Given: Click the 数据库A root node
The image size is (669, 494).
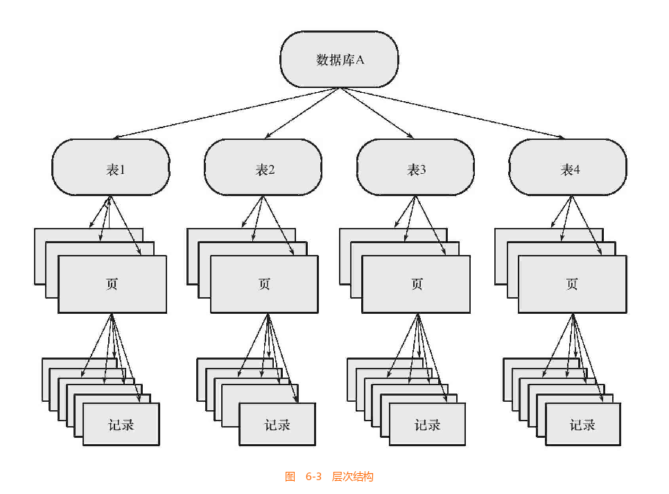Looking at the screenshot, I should [x=339, y=59].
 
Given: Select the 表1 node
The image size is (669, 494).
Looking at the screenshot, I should [x=111, y=168].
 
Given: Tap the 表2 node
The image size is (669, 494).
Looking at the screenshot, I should [x=263, y=168].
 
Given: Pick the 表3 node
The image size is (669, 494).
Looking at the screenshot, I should [x=415, y=168].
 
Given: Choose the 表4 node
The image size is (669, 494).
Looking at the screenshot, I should [x=568, y=168].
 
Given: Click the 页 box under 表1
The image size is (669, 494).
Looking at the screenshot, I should [x=112, y=285].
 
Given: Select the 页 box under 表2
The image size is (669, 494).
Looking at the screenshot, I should [x=264, y=285].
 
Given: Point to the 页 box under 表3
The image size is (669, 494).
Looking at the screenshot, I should [x=416, y=285].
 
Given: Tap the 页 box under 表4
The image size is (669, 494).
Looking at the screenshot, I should [x=572, y=285].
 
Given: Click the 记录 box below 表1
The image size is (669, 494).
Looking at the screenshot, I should [x=121, y=425].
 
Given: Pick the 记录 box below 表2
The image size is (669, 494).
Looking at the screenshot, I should [x=277, y=425].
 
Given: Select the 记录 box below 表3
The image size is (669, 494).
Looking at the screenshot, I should [x=427, y=425].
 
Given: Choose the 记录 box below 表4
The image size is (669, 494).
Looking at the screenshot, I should [x=583, y=425].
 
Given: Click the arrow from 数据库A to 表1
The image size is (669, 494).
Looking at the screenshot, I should [x=222, y=114].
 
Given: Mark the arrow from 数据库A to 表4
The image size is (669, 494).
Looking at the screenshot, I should [x=454, y=114].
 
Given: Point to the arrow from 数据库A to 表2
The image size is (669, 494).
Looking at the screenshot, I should [x=301, y=113].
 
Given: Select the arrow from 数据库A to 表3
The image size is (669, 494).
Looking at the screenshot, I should [x=377, y=113].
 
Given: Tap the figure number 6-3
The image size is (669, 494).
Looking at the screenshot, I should [x=314, y=477].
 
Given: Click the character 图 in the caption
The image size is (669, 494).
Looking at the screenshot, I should [x=290, y=477].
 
